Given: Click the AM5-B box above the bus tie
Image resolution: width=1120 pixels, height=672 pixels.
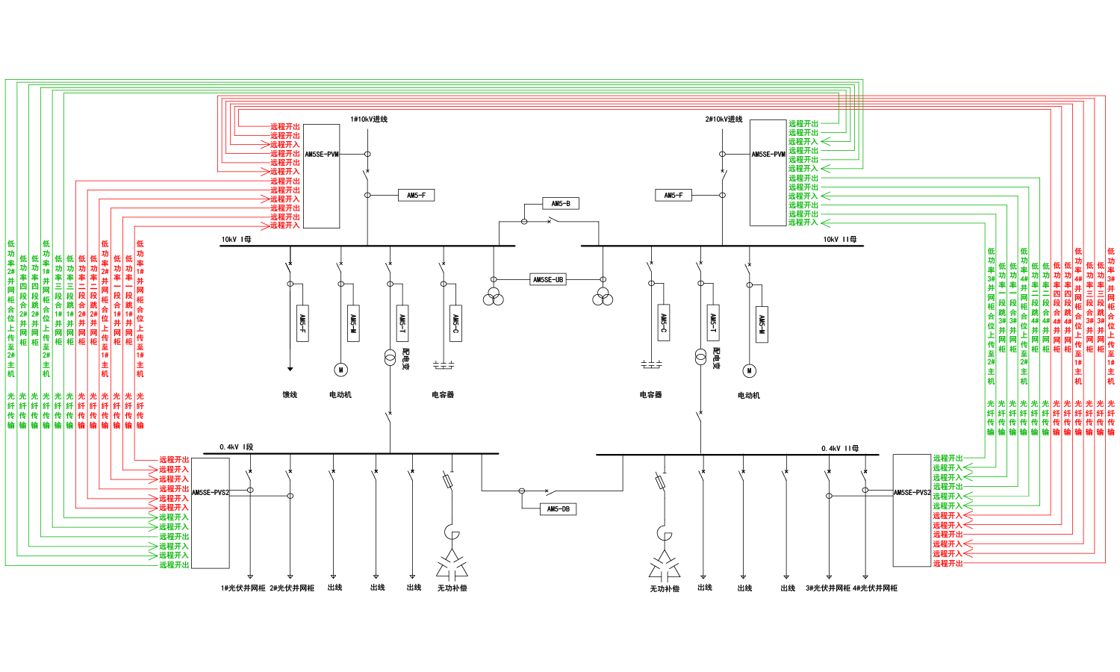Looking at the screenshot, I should click(x=561, y=203).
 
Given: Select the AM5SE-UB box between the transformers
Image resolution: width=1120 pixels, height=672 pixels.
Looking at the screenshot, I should click(x=548, y=279).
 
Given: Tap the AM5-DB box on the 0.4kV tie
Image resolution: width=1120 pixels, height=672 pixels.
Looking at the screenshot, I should click(x=558, y=509).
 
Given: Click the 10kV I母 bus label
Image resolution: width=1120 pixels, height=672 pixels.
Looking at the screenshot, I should click(x=236, y=240).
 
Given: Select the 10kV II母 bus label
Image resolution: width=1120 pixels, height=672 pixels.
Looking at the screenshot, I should click(x=840, y=240).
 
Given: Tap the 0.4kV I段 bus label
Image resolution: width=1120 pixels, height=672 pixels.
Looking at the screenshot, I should click(x=236, y=447).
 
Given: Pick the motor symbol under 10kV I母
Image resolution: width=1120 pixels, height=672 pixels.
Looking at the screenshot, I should click(x=340, y=370).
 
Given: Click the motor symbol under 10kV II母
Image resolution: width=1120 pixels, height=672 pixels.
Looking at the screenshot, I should click(x=749, y=370).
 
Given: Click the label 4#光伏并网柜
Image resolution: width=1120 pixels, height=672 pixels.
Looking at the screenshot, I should click(x=875, y=588).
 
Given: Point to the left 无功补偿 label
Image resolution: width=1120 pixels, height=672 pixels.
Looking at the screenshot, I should click(x=452, y=588).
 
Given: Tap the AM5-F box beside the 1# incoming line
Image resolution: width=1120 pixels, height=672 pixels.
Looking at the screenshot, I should click(x=416, y=196).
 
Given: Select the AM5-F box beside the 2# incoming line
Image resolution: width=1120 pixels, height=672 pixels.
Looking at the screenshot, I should click(x=673, y=196).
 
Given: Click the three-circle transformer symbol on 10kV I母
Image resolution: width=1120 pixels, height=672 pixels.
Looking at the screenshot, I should click(x=493, y=296).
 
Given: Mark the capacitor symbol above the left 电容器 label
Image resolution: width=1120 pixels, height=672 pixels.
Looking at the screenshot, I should click(x=444, y=366).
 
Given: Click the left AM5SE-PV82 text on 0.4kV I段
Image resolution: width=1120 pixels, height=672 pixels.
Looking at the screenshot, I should click(x=210, y=493).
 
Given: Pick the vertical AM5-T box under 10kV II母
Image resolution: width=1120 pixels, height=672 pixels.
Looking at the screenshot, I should click(x=713, y=323).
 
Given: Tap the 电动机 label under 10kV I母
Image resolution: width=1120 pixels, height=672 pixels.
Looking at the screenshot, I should click(x=340, y=395).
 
